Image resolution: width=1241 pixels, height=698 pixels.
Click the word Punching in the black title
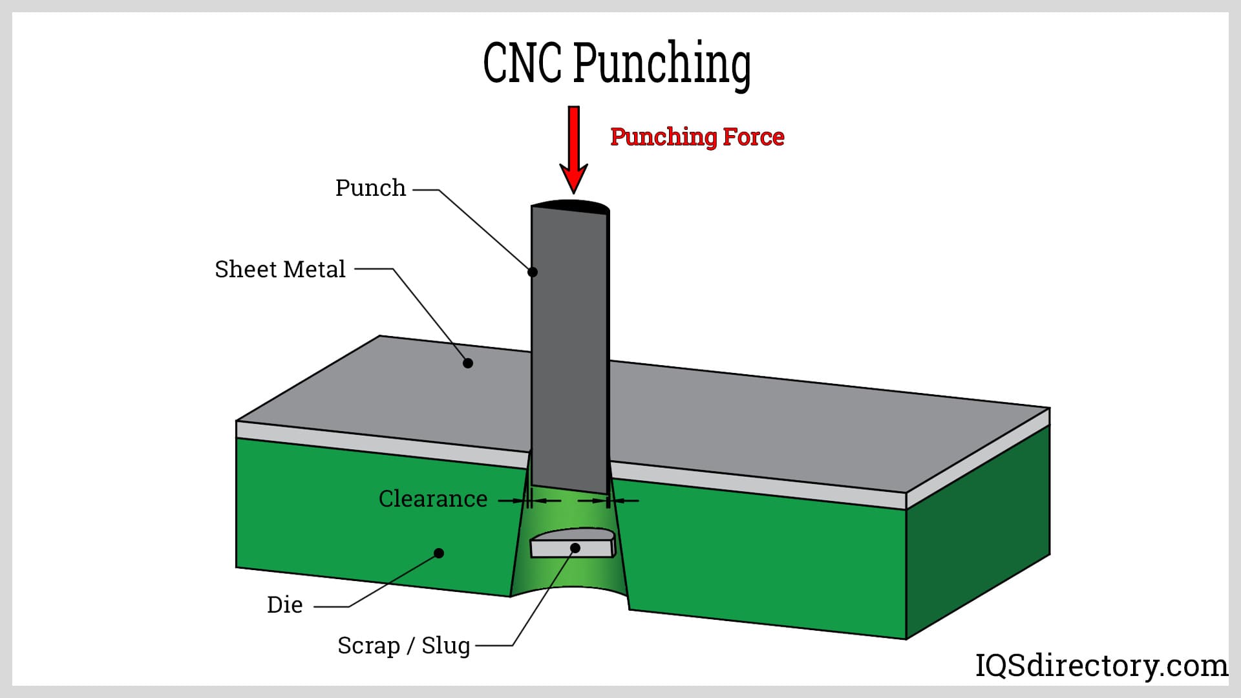coord(662,64)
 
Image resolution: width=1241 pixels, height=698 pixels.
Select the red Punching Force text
coord(697,137)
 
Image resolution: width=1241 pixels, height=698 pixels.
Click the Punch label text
coord(370,188)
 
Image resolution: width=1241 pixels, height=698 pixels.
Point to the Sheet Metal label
coord(280,270)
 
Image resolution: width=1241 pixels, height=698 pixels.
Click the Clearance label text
coord(432,499)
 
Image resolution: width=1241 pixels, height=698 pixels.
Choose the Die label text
coord(284,605)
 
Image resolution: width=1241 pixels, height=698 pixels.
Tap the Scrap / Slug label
coord(403,646)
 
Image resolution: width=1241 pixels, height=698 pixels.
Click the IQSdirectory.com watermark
coord(1101,666)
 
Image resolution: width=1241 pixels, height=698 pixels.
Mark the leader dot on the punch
coord(533,272)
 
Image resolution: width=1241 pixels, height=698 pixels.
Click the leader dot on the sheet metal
coord(468,363)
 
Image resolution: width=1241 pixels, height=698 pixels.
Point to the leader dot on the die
coord(439,553)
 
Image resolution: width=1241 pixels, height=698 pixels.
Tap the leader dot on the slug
coord(575,548)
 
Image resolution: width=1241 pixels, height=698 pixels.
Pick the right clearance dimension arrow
coord(623,500)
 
